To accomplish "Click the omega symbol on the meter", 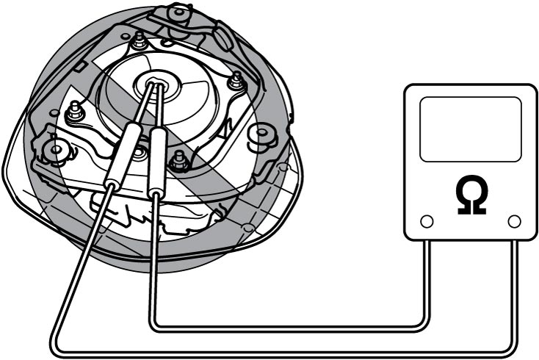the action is pos(471,195).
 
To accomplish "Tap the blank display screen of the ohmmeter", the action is pos(471,129).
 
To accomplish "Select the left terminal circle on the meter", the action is pos(427,221).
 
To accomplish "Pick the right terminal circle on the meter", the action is pos(514,221).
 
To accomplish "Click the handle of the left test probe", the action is pos(123,155).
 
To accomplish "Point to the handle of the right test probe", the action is pos(157,162).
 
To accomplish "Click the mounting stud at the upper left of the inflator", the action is pos(139,40).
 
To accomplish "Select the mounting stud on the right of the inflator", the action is pos(237,81).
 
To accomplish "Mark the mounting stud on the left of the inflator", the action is pos(75,111).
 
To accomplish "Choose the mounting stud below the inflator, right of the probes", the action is pos(179,161).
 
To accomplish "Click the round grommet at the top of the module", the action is pos(178,12).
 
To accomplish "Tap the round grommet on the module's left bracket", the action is pos(56,148).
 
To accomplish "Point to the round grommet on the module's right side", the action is pos(262,132).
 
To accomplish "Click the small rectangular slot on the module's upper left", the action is pos(79,65).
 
